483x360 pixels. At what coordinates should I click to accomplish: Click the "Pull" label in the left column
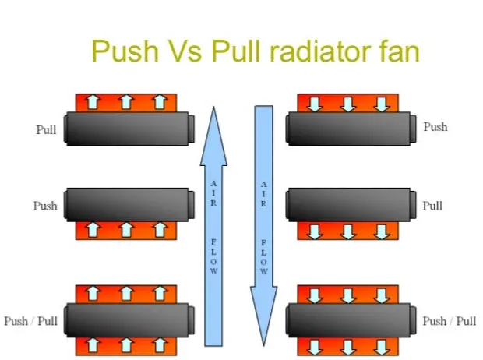(46, 130)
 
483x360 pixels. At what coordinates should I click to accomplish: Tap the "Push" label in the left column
(45, 206)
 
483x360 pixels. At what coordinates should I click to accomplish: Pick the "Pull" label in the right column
(432, 206)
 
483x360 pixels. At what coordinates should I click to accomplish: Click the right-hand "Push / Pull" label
(450, 321)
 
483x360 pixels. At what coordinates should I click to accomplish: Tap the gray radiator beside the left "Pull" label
(129, 129)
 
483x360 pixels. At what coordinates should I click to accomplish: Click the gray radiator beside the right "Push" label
(348, 128)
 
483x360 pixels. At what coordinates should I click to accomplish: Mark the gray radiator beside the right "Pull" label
(348, 205)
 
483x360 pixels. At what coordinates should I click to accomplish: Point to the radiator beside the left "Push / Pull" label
(129, 319)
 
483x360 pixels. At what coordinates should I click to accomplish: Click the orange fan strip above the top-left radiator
(126, 102)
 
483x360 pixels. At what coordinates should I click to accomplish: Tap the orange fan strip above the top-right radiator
(348, 103)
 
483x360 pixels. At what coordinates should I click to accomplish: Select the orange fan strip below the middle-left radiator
(126, 230)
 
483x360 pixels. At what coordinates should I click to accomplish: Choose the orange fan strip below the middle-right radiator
(348, 231)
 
